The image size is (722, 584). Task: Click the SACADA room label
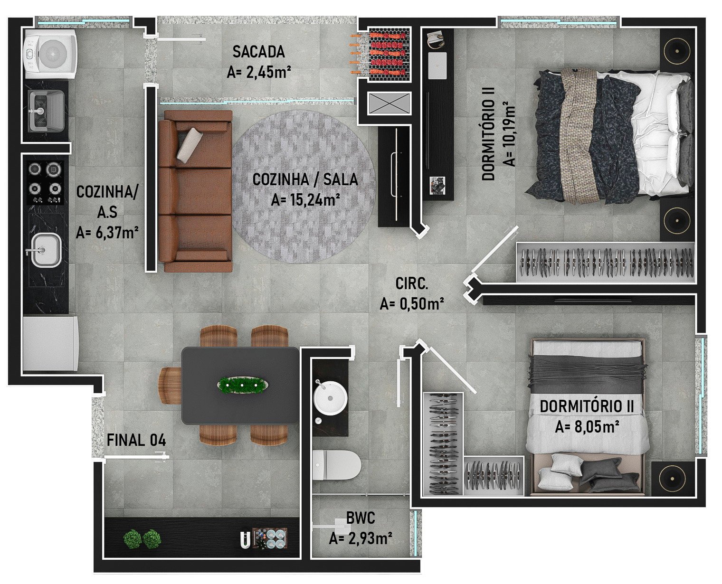pyautogui.click(x=258, y=52)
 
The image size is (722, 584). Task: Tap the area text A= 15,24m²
pyautogui.click(x=305, y=200)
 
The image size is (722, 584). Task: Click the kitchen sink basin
pyautogui.click(x=46, y=250)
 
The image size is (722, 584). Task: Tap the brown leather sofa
pyautogui.click(x=195, y=191)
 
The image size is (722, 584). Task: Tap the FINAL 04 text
pyautogui.click(x=136, y=440)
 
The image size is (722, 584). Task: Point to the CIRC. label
pyautogui.click(x=411, y=283)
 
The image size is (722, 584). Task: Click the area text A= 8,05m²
pyautogui.click(x=587, y=427)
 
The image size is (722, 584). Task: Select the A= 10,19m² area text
pyautogui.click(x=510, y=134)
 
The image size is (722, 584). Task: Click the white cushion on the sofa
pyautogui.click(x=190, y=144)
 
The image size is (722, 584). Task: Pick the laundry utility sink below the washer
pyautogui.click(x=47, y=111)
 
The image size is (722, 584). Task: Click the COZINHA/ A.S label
pyautogui.click(x=107, y=212)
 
